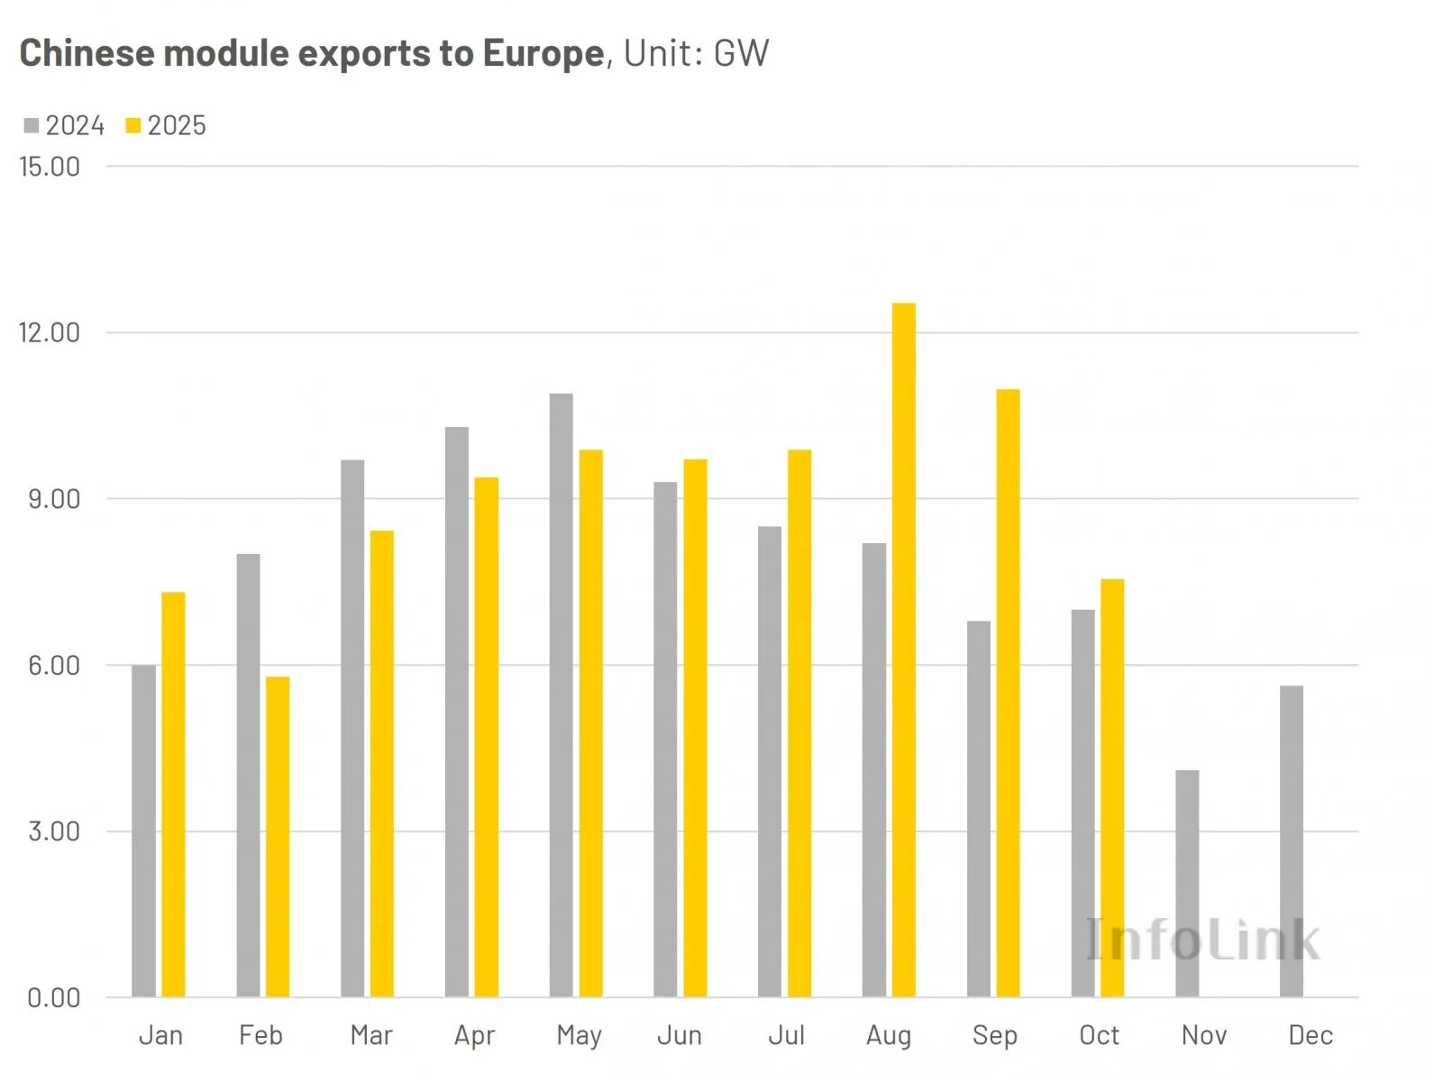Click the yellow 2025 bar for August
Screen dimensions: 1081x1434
click(x=903, y=650)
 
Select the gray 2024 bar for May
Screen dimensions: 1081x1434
click(x=561, y=695)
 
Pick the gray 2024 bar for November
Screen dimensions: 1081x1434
click(x=1187, y=883)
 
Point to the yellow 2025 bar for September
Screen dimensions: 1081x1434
click(x=1008, y=693)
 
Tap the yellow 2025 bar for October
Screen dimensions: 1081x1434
click(x=1112, y=787)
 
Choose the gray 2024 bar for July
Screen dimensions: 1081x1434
click(x=770, y=761)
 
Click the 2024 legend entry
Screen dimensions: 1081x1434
click(x=65, y=125)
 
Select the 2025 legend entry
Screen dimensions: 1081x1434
click(x=167, y=125)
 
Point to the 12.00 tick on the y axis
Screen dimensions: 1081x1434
click(x=50, y=332)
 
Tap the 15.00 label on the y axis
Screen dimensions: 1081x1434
click(x=50, y=167)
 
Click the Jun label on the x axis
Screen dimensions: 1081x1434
click(x=680, y=1035)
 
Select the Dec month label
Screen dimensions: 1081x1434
click(x=1310, y=1035)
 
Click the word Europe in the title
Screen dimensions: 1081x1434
click(x=543, y=54)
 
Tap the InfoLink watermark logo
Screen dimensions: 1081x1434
click(x=1202, y=940)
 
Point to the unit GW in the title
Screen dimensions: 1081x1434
click(x=741, y=54)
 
